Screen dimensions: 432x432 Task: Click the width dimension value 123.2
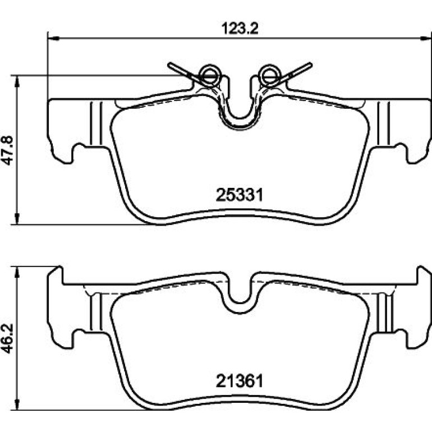pos(240,29)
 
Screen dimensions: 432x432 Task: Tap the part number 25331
pos(240,195)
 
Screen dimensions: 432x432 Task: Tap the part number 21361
pos(240,382)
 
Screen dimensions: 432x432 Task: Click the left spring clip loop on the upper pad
pos(210,75)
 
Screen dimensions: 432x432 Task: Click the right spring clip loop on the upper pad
pos(269,75)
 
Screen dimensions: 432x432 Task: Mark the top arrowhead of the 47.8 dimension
pos(17,81)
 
